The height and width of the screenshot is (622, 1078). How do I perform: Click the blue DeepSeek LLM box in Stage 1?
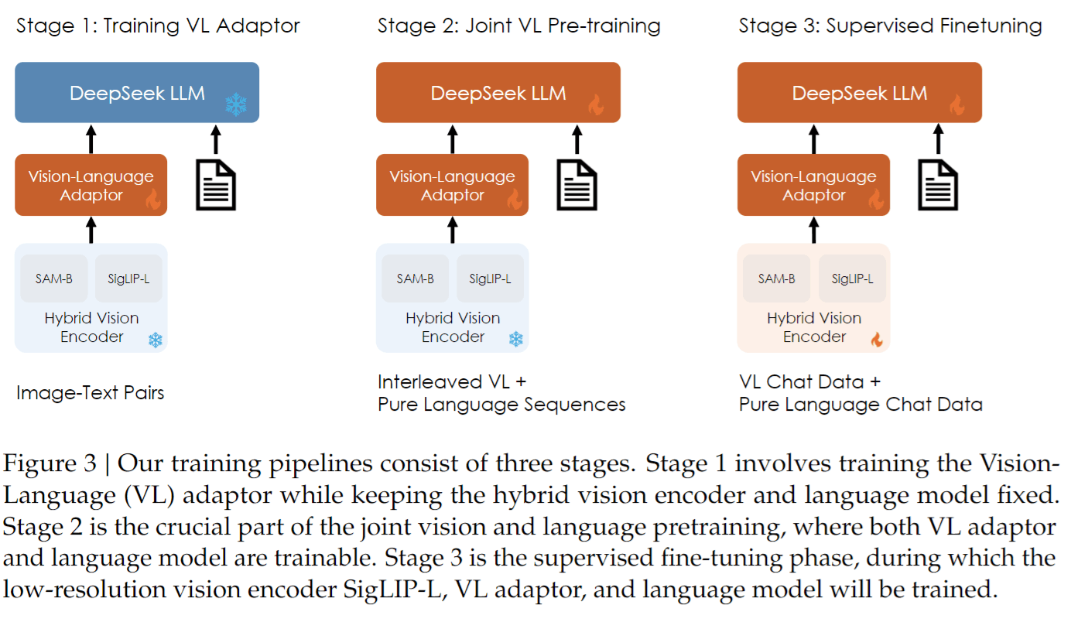click(137, 92)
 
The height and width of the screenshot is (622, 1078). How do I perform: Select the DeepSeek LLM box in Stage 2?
click(498, 92)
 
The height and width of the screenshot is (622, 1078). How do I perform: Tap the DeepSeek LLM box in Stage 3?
click(860, 92)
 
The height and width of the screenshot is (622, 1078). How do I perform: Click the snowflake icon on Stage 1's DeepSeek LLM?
click(236, 104)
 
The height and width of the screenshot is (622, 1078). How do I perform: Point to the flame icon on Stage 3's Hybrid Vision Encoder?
click(877, 340)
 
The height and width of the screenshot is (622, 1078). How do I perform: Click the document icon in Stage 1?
click(216, 185)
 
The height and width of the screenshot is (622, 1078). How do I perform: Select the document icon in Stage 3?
click(938, 185)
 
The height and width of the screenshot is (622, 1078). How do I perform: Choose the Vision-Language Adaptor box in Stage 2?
click(453, 185)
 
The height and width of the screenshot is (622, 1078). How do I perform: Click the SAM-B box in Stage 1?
click(54, 279)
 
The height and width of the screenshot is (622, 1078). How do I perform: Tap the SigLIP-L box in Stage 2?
click(490, 279)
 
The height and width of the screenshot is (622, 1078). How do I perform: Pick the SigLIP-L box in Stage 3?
click(852, 279)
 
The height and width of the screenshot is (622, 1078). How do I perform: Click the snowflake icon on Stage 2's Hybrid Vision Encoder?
click(516, 339)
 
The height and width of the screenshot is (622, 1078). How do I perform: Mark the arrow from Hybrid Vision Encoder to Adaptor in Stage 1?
click(91, 230)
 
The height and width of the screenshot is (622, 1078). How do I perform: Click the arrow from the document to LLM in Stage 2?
click(577, 139)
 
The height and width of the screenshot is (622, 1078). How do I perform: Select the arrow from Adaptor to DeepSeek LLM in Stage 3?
click(814, 139)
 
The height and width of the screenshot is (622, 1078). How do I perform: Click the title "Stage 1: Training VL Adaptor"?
click(158, 26)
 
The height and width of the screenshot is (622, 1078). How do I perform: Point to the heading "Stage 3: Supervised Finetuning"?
click(890, 26)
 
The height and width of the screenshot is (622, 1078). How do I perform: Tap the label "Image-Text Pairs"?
click(90, 393)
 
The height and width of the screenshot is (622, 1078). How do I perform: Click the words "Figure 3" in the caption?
click(50, 463)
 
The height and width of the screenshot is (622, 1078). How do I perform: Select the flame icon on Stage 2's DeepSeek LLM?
click(597, 104)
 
